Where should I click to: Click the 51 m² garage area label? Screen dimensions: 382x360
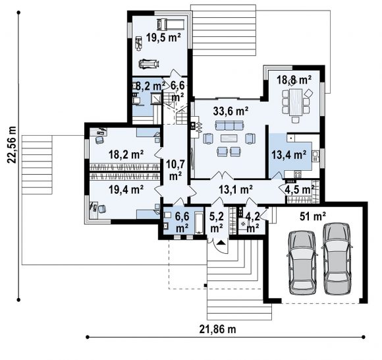tap(313, 216)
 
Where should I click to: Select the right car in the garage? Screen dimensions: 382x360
tap(337, 258)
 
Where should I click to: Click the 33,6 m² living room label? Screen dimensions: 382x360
tap(231, 111)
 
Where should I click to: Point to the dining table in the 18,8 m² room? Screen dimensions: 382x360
tap(296, 102)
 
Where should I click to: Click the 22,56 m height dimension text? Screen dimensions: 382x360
tap(11, 145)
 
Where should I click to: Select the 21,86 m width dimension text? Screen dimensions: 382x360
tap(217, 329)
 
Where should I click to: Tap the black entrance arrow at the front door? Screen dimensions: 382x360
tap(221, 243)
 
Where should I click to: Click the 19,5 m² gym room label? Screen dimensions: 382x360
tap(163, 38)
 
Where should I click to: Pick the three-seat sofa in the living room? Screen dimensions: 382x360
tap(229, 125)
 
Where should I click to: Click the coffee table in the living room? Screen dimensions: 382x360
tap(229, 138)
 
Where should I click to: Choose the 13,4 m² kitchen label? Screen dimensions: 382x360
tap(289, 155)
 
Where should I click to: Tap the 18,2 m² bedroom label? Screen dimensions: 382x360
tap(126, 154)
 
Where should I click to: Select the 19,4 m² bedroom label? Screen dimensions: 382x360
tap(126, 189)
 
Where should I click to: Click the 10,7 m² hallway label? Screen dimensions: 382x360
tap(175, 169)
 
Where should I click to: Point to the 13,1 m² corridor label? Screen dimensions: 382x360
tap(236, 189)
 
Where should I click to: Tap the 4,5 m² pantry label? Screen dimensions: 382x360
tap(301, 190)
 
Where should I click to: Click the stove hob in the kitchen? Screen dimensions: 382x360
tap(298, 174)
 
